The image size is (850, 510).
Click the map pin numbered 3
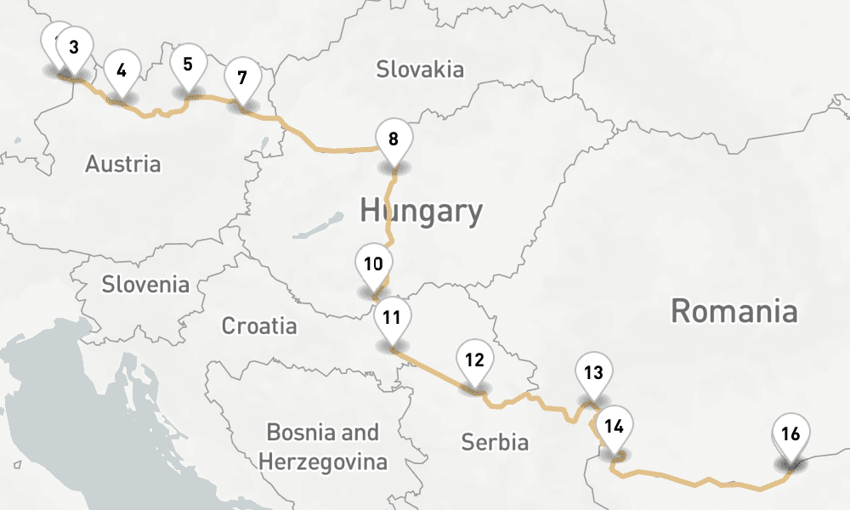[74, 48]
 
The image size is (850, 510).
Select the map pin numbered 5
[188, 64]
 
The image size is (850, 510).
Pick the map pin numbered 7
[242, 79]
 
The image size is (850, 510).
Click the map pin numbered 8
[393, 139]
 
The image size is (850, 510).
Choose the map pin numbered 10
[372, 264]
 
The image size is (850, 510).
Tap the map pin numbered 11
[392, 320]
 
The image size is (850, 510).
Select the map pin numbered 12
[474, 360]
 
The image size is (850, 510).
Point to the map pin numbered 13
[593, 372]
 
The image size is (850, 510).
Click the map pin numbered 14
[615, 428]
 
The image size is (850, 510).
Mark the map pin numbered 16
[790, 435]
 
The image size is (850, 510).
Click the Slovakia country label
[420, 69]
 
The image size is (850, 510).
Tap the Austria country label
[122, 163]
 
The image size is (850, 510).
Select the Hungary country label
[421, 210]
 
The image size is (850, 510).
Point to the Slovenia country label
[145, 284]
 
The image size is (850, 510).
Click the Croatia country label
[259, 326]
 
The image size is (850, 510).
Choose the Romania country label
[734, 311]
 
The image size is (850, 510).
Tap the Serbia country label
[495, 442]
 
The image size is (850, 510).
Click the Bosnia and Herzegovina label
[323, 447]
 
